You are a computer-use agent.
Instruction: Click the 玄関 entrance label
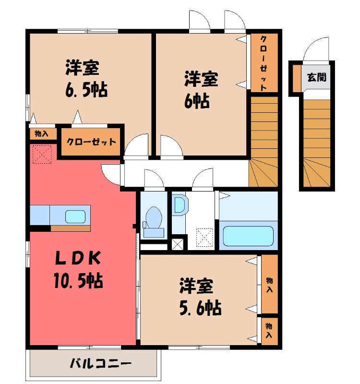pyautogui.click(x=317, y=77)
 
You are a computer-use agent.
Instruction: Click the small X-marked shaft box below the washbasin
pyautogui.click(x=178, y=244)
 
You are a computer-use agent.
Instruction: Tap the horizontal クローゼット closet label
pyautogui.click(x=91, y=142)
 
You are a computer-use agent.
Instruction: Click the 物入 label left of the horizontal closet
pyautogui.click(x=42, y=133)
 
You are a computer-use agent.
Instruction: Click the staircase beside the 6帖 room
pyautogui.click(x=264, y=142)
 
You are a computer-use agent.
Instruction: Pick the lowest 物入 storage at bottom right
pyautogui.click(x=270, y=331)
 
